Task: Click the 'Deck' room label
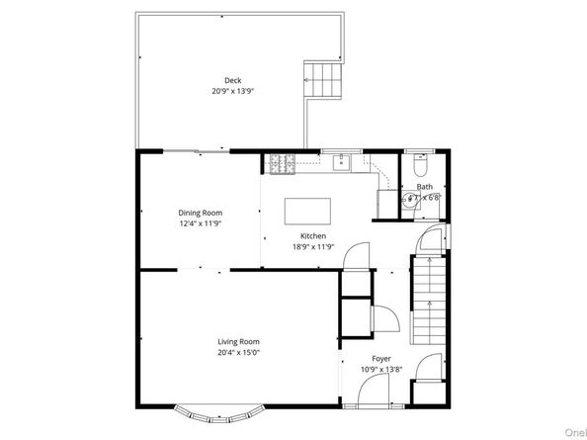click(232, 81)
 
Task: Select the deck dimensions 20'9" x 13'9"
click(232, 91)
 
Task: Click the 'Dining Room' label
click(200, 213)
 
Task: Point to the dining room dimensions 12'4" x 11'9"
click(200, 223)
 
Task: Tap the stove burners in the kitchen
click(280, 164)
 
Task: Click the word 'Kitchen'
click(313, 236)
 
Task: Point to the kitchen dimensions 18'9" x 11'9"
click(313, 246)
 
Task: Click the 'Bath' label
click(425, 187)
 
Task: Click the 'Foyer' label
click(380, 359)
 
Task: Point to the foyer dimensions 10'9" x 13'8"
click(380, 369)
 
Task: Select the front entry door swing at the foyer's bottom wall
click(359, 395)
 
